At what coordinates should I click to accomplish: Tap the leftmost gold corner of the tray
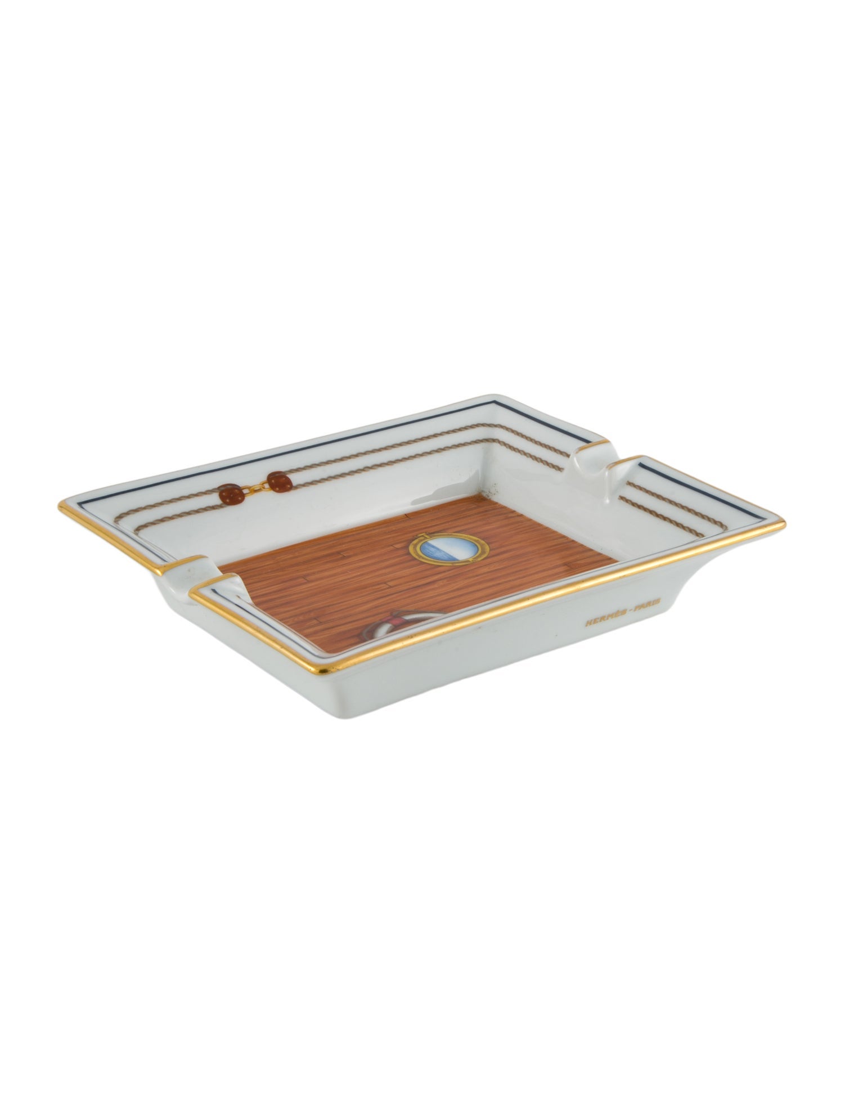click(x=60, y=504)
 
